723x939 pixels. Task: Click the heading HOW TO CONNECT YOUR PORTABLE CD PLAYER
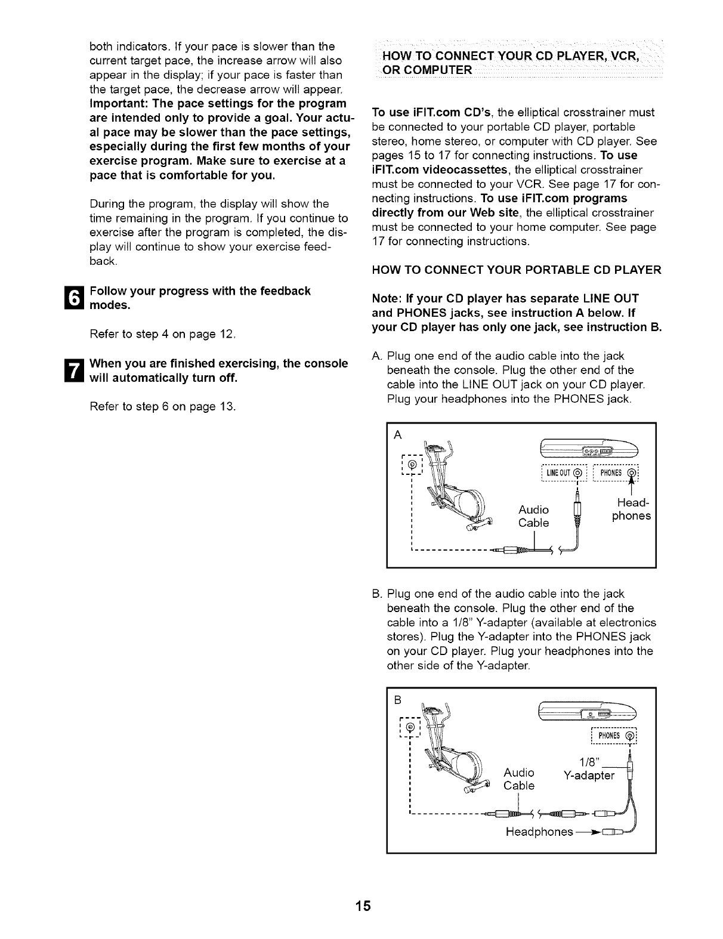516,270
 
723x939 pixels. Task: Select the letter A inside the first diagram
398,435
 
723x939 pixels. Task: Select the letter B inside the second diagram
398,699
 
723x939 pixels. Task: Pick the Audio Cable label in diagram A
533,516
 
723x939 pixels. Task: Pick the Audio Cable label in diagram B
519,779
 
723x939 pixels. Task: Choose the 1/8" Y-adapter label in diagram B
589,769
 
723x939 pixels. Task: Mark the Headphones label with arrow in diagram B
540,832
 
